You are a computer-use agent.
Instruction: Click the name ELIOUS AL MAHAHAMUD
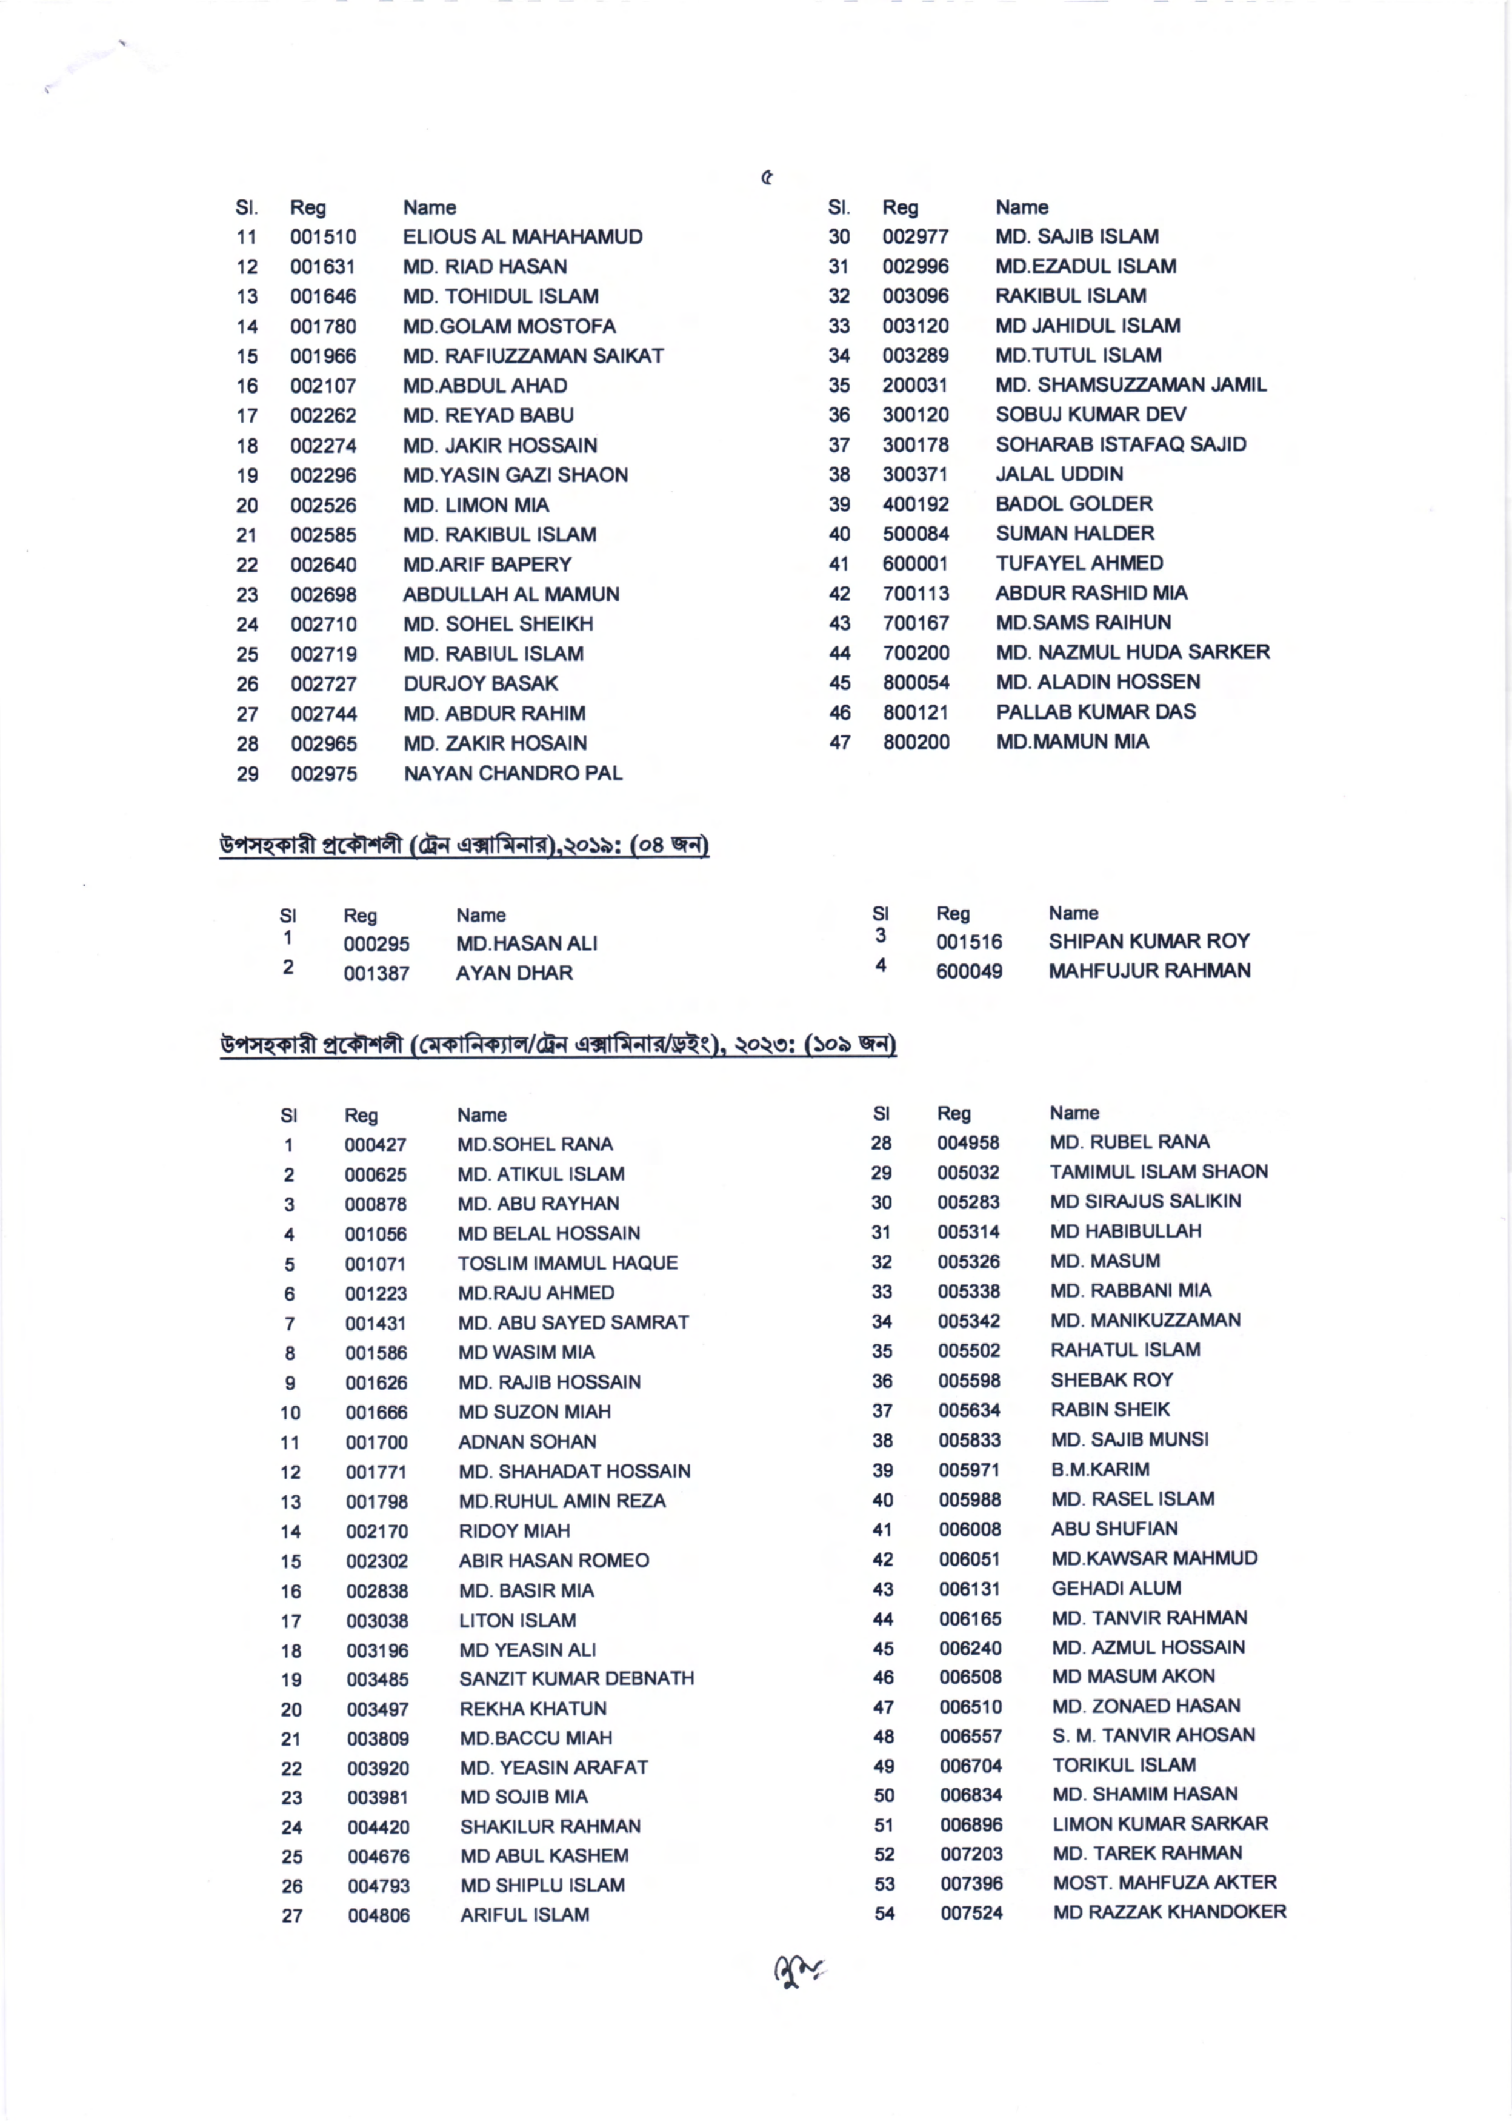point(522,236)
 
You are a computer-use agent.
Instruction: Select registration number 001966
point(323,356)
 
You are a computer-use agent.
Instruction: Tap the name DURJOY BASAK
point(481,684)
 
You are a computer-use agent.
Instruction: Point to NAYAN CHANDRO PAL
point(513,773)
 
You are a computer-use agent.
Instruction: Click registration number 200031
point(915,384)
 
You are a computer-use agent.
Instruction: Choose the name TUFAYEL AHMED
point(1079,563)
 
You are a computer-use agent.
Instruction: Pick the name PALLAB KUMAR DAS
point(1096,712)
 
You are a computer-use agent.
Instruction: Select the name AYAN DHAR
point(514,973)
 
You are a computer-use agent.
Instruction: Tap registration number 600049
point(969,971)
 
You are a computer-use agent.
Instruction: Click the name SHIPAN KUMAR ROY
point(1149,941)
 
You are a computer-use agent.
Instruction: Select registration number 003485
point(377,1680)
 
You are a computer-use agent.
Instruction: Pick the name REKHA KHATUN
point(533,1708)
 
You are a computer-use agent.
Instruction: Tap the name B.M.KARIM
point(1099,1469)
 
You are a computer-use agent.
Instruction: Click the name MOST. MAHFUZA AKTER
point(1165,1883)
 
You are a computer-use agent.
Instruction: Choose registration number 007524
point(971,1913)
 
